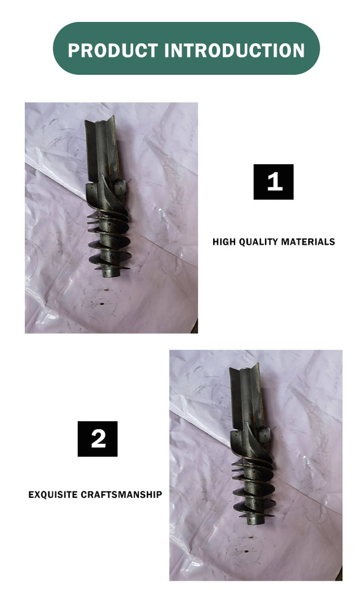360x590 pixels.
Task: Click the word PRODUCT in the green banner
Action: point(112,51)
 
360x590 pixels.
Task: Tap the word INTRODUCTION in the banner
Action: point(234,51)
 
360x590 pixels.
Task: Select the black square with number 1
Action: point(274,181)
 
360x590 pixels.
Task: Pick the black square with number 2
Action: point(97,438)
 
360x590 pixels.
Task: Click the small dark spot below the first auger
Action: point(102,302)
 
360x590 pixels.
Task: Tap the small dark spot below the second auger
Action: point(247,550)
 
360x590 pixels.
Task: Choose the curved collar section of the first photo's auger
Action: point(107,196)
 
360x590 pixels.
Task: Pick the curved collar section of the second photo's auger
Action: point(251,443)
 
